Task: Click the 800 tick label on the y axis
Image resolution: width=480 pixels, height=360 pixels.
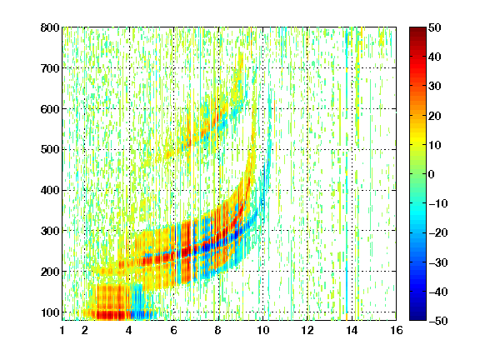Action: coord(50,27)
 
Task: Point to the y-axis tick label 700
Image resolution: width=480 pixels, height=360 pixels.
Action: coord(50,68)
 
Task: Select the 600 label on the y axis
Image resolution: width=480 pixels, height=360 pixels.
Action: coord(50,109)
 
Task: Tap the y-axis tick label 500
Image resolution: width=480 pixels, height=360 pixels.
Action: coord(50,150)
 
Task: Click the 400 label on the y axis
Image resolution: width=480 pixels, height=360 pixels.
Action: coord(50,190)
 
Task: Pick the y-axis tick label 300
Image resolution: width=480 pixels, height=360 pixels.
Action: coord(50,231)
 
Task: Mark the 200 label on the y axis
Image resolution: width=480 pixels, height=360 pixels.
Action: coord(50,272)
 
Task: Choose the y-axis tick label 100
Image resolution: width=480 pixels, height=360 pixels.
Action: coord(50,312)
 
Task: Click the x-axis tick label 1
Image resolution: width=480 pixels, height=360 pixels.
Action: coord(62,330)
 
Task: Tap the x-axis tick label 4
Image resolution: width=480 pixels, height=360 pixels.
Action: coord(129,330)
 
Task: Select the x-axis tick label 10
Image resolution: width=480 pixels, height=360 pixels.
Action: coord(262,330)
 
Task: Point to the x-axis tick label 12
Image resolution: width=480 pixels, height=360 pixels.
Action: coord(307,330)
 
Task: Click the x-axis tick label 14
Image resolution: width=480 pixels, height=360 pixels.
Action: coord(352,330)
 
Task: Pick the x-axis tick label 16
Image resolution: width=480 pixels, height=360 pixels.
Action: coord(397,330)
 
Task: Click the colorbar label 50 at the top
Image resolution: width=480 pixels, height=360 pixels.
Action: coord(435,27)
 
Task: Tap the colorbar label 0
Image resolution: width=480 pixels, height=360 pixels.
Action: coord(432,174)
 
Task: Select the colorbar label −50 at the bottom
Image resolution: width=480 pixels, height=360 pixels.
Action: coord(438,321)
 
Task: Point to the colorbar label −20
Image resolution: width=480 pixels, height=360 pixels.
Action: coord(438,232)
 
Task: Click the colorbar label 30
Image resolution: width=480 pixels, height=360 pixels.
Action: coord(435,87)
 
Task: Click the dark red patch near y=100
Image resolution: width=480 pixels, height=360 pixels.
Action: coord(111,315)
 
